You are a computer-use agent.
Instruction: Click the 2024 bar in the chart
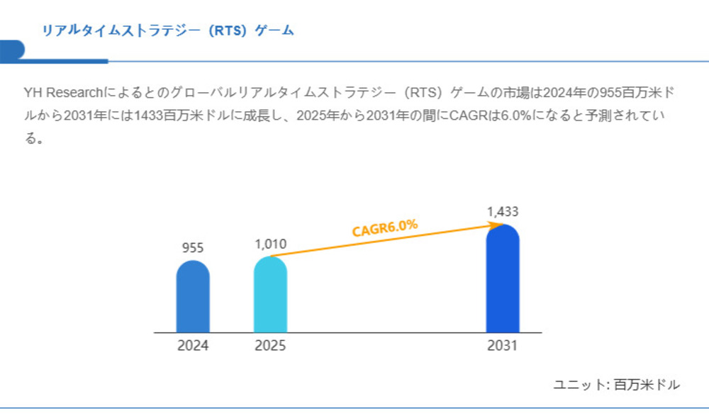tap(193, 297)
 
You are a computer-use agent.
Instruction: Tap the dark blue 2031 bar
tap(503, 279)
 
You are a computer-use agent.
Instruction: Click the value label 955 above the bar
tap(193, 248)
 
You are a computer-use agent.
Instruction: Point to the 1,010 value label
tap(270, 244)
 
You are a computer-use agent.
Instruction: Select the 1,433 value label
tap(503, 211)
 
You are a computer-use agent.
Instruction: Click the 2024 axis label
tap(193, 347)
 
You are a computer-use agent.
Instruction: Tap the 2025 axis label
tap(270, 347)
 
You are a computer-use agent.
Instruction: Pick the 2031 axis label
tap(503, 347)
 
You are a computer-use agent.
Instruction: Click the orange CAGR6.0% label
tap(385, 227)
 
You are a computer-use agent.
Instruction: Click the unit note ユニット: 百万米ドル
tap(616, 385)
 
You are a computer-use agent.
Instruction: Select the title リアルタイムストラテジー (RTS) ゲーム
tap(167, 30)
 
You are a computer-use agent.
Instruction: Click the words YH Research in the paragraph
tap(65, 93)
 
